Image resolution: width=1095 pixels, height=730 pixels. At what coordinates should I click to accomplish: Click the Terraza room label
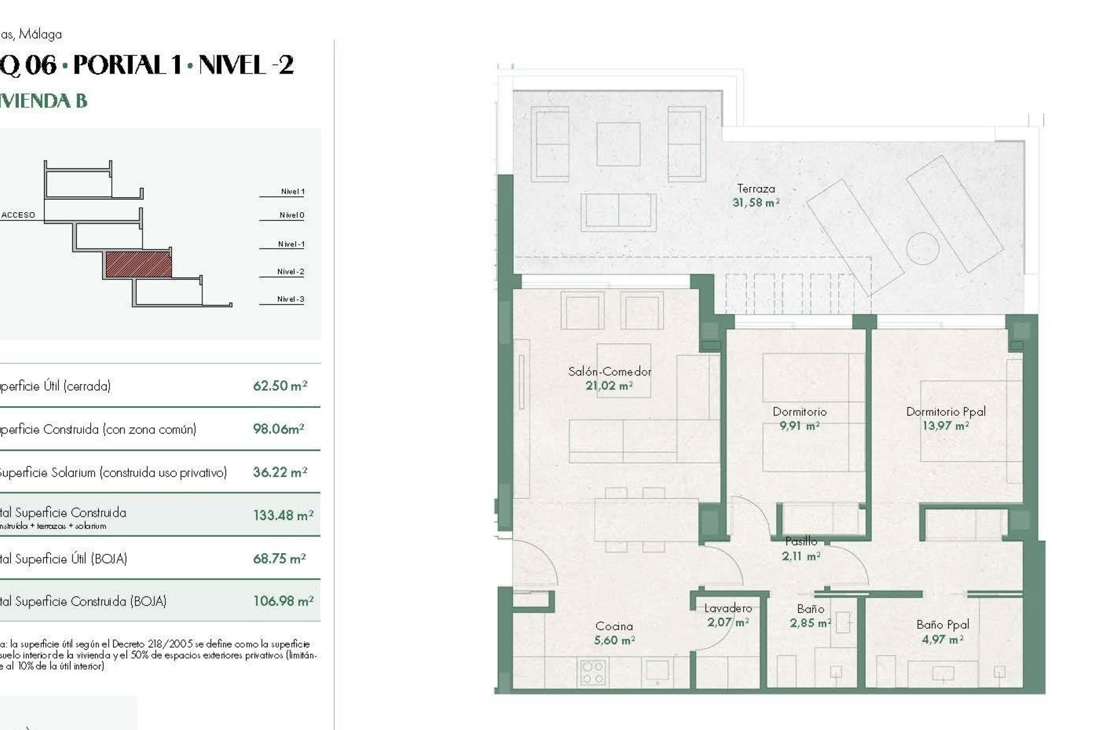click(756, 189)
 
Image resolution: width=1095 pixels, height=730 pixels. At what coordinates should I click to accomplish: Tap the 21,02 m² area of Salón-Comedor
click(609, 386)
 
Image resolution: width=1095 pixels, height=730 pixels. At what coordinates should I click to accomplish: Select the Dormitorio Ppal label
click(946, 411)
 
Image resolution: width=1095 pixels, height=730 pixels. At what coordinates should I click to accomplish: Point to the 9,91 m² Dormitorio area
click(799, 426)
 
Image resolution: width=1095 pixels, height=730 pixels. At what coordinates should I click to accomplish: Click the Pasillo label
click(801, 541)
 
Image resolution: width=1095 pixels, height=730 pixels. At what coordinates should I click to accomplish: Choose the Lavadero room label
click(728, 609)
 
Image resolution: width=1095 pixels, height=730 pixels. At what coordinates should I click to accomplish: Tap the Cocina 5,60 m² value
click(614, 640)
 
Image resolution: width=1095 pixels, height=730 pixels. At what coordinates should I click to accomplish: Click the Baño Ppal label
click(943, 624)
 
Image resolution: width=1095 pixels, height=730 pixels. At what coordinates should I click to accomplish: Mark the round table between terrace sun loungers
click(922, 248)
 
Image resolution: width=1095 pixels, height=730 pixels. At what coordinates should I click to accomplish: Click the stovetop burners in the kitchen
click(593, 672)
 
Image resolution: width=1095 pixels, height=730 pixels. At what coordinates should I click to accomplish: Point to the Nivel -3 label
click(290, 299)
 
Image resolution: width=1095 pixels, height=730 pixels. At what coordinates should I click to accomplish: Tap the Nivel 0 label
click(291, 215)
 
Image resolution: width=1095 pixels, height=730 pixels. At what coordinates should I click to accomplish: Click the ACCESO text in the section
click(18, 215)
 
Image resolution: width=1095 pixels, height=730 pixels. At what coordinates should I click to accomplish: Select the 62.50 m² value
click(280, 386)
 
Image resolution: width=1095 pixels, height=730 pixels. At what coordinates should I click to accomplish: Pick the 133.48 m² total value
click(283, 516)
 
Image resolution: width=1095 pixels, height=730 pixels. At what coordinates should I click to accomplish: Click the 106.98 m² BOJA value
click(283, 601)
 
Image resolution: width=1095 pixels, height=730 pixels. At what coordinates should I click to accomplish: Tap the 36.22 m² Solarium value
click(280, 473)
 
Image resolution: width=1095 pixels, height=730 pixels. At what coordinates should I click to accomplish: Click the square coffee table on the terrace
click(618, 144)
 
